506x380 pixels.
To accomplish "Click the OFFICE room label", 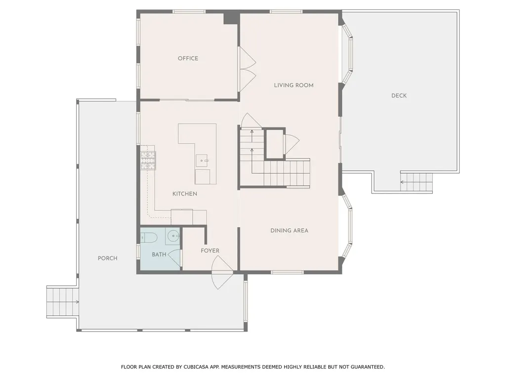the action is pos(188,58).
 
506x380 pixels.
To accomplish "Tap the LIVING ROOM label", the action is pos(294,85).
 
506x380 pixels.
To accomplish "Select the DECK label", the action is pos(399,95).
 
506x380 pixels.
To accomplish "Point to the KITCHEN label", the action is pos(185,194).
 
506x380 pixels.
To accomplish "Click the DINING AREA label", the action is pos(289,231).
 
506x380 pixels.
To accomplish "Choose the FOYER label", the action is pos(210,251).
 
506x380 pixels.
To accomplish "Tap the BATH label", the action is pos(159,255).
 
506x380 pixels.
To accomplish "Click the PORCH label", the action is pos(107,258).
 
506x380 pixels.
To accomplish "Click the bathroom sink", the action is pos(173,236).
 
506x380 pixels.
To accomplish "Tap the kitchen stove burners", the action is pos(148,161).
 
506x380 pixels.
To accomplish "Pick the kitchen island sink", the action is pos(202,161).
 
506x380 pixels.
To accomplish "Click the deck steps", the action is pos(416,182).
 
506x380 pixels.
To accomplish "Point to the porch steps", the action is pos(63,302).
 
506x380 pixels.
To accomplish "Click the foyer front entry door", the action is pos(221,272).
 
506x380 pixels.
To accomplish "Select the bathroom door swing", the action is pos(174,258).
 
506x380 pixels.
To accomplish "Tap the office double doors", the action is pos(247,69).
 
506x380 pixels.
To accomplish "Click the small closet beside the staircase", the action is pos(275,144).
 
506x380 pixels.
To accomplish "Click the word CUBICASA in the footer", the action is pos(196,367).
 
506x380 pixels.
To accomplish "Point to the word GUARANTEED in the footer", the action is pos(368,367).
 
